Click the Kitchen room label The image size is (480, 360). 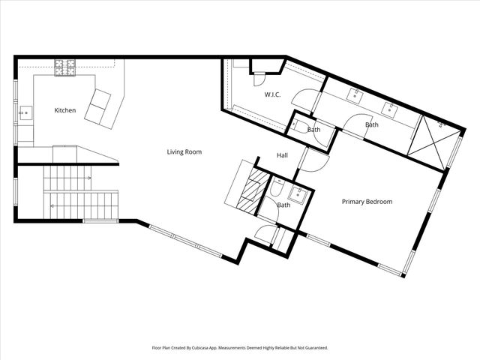point(65,110)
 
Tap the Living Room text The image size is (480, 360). point(184,151)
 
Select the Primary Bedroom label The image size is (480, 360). point(367,201)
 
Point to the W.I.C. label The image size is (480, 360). point(272,94)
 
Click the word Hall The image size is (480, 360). point(282,155)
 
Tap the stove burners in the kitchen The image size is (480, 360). point(64,67)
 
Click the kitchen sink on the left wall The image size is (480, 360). point(25,114)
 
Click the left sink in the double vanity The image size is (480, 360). point(355,94)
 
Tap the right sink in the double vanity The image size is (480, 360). point(390,108)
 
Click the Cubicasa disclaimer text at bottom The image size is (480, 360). point(240,348)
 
